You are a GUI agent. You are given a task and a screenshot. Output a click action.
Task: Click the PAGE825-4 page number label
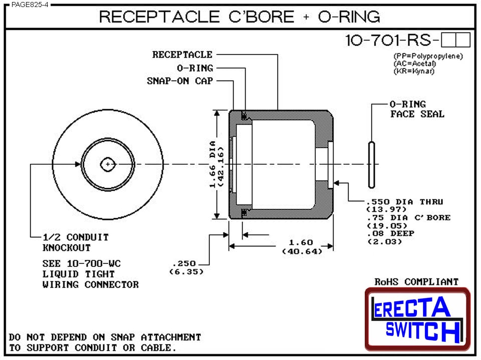(26, 5)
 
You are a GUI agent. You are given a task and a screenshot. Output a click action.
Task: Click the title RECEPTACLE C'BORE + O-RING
(239, 17)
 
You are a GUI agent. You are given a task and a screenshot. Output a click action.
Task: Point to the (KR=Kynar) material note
(413, 71)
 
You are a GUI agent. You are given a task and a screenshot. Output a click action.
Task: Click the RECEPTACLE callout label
(182, 55)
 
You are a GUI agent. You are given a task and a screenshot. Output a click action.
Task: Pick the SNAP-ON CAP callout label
(180, 81)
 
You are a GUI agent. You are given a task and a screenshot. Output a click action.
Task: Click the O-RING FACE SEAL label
(416, 109)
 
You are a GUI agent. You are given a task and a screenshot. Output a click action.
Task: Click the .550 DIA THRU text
(405, 202)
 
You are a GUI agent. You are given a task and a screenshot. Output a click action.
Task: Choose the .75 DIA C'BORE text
(408, 218)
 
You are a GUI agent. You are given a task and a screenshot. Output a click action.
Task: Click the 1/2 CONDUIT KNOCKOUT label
(75, 242)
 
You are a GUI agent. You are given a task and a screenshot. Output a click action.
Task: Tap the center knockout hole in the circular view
(108, 164)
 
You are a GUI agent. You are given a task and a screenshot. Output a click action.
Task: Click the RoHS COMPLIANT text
(416, 282)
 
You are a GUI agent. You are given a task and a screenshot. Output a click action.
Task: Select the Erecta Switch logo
(417, 319)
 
